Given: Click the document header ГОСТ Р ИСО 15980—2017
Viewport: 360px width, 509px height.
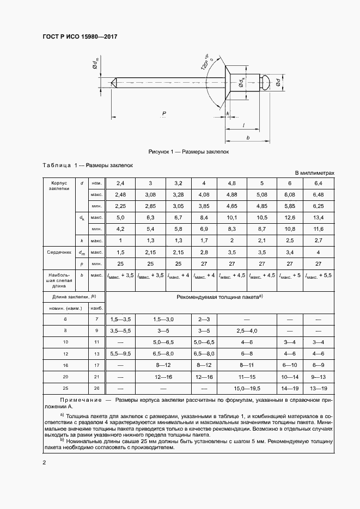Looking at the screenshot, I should pyautogui.click(x=80, y=37).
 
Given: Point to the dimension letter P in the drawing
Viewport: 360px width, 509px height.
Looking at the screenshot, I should pyautogui.click(x=164, y=113).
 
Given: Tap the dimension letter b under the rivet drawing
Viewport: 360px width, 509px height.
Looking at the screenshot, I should pyautogui.click(x=248, y=138).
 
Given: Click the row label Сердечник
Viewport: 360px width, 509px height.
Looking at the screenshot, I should pyautogui.click(x=58, y=252).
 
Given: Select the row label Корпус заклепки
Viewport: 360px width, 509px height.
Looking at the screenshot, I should pyautogui.click(x=58, y=186).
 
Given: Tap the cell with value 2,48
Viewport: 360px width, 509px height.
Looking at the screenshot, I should pyautogui.click(x=120, y=194).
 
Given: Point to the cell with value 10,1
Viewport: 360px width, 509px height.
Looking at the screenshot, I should pyautogui.click(x=231, y=218).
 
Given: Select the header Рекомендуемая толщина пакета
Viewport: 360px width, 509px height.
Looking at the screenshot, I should pyautogui.click(x=219, y=297).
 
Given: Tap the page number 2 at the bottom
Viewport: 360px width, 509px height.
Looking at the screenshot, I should pyautogui.click(x=44, y=462).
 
